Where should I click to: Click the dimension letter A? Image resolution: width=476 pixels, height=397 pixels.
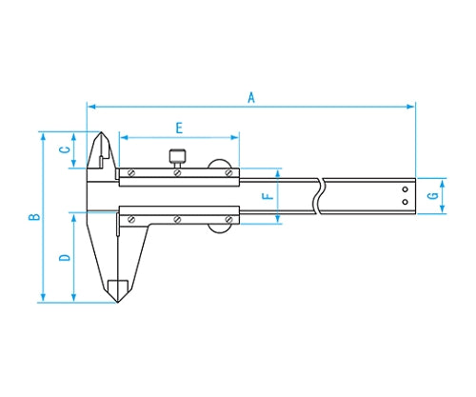(251, 98)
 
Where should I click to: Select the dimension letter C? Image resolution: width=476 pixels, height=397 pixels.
(66, 149)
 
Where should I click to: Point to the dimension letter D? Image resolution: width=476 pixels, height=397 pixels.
(65, 257)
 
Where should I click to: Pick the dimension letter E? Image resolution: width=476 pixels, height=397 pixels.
(179, 129)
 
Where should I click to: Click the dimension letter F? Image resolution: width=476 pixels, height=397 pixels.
(268, 196)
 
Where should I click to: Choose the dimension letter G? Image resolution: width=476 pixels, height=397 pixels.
(433, 196)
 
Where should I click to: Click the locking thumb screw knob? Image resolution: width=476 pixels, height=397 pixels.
(177, 155)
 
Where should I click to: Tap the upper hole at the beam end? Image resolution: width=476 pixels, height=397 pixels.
(405, 189)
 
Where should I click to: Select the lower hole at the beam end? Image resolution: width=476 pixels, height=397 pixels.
(405, 202)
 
